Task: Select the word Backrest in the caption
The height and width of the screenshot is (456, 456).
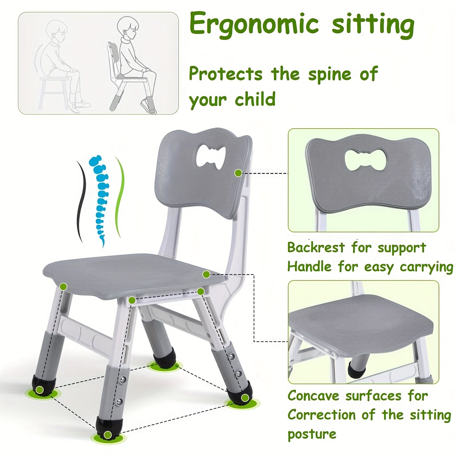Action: [316, 247]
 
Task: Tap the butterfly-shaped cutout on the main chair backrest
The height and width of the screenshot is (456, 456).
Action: [211, 156]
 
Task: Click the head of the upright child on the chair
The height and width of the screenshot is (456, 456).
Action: [128, 26]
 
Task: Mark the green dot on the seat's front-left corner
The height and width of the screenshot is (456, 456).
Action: [64, 286]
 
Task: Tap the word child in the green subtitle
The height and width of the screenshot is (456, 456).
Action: [255, 99]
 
